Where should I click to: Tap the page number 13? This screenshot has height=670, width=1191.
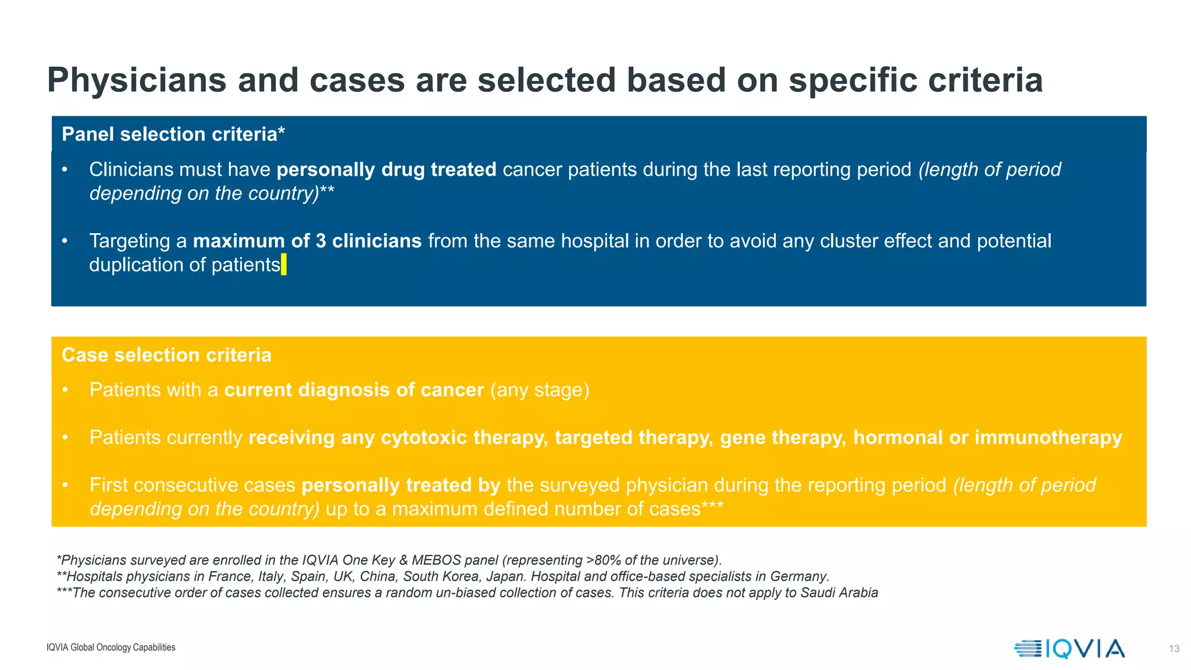pos(1174,648)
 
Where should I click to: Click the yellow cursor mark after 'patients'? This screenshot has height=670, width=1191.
pos(284,265)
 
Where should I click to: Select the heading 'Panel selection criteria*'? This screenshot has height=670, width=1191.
pos(173,134)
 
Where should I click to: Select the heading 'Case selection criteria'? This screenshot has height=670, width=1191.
pos(166,355)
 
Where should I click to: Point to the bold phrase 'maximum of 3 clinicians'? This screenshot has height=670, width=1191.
pos(307,241)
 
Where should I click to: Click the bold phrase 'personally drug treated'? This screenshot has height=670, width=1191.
pos(386,169)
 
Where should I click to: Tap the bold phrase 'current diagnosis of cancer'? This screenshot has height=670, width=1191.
pos(354,390)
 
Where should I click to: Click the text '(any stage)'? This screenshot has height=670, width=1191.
pos(540,390)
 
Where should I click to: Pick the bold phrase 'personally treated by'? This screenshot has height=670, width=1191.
pos(401,485)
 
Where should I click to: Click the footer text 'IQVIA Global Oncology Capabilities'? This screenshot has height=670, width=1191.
pos(110,647)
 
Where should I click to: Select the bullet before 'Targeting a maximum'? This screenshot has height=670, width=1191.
pos(65,241)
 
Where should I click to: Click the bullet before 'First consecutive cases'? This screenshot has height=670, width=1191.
pos(65,485)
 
